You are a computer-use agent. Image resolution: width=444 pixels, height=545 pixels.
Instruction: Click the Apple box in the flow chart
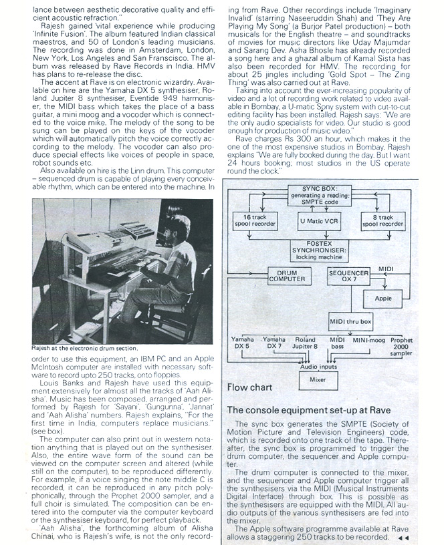click(x=383, y=299)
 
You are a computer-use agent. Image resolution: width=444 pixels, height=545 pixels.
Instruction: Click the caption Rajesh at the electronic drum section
click(x=84, y=348)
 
